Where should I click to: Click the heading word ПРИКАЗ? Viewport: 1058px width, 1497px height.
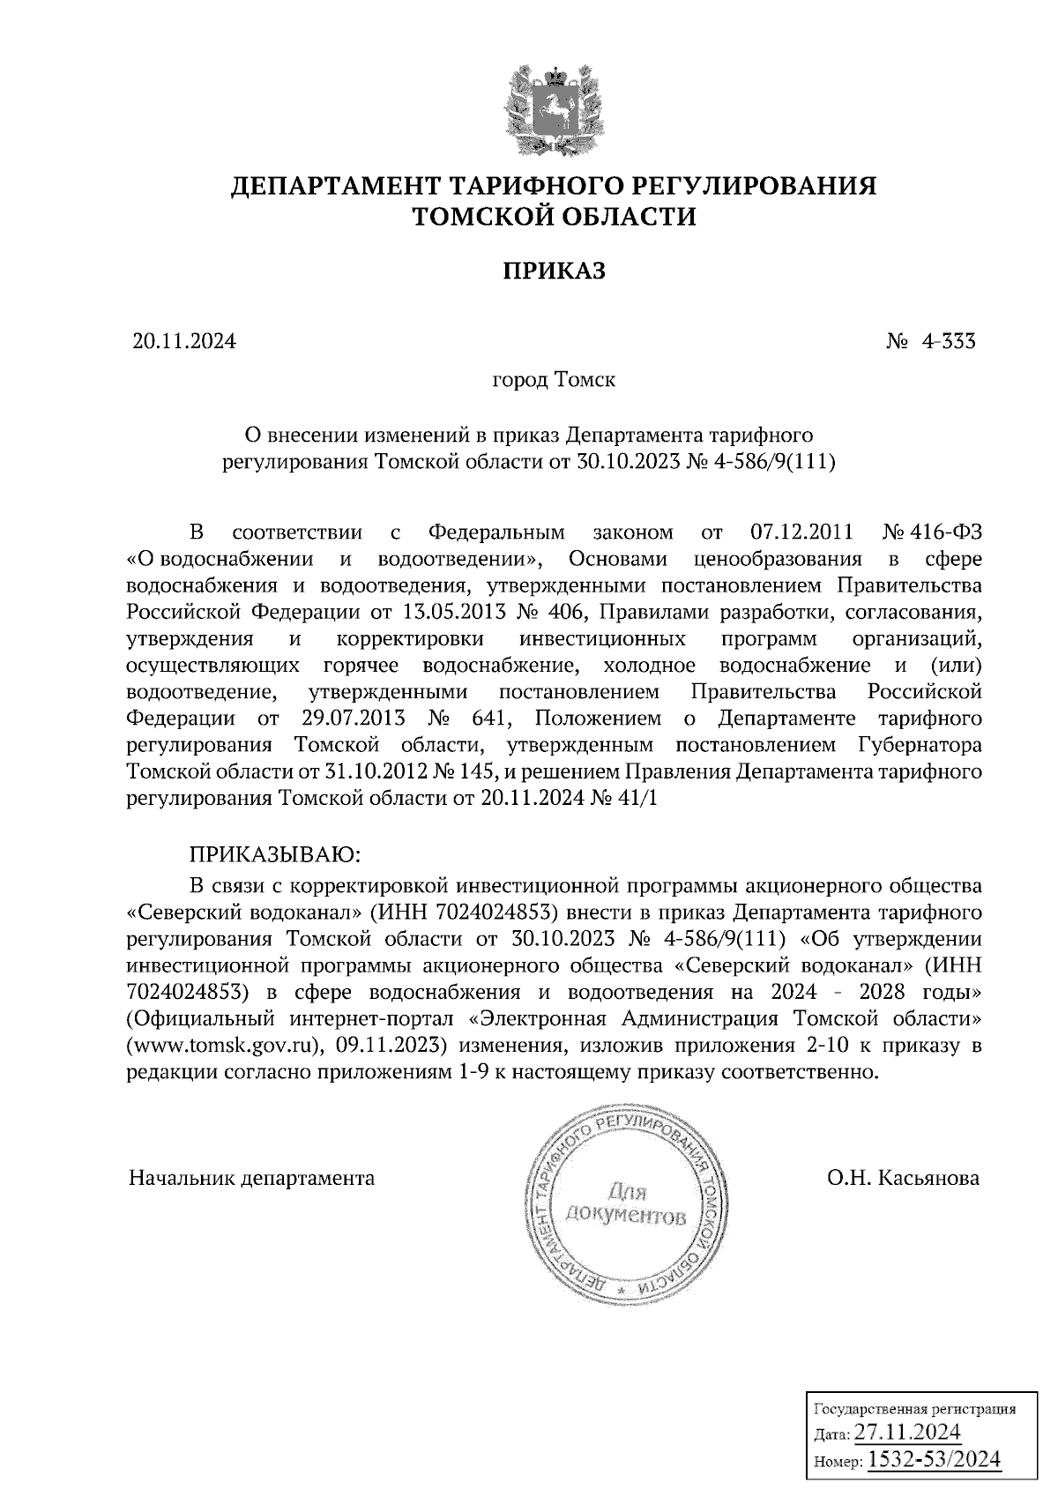[554, 271]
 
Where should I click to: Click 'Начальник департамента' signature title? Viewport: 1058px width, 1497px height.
[251, 1178]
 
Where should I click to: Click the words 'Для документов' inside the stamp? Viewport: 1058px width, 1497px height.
[625, 1205]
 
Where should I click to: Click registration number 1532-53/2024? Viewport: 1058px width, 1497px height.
[935, 1460]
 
